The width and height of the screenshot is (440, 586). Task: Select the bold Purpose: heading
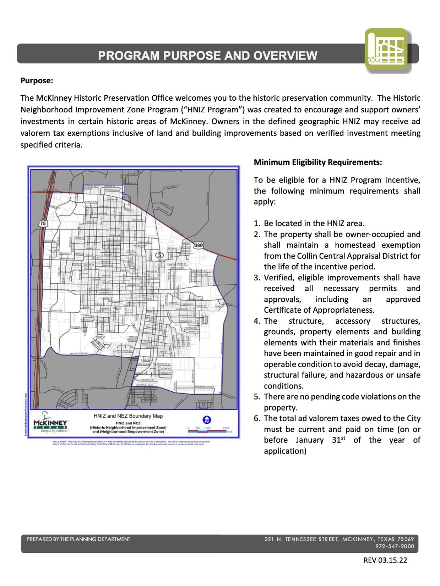click(x=37, y=80)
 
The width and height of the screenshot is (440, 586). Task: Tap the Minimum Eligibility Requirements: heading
click(x=317, y=162)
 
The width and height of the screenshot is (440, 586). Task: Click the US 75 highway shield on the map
click(x=43, y=223)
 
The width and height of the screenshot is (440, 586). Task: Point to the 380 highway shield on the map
click(x=198, y=245)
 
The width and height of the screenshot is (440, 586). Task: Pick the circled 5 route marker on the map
click(x=159, y=255)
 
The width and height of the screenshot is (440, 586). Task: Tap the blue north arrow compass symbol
click(x=207, y=420)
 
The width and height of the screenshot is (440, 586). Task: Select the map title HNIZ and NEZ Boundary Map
click(x=128, y=416)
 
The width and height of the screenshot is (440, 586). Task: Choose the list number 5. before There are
click(x=257, y=397)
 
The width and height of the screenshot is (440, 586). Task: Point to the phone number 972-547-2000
click(x=395, y=546)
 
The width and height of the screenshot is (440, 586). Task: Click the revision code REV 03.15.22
click(x=385, y=560)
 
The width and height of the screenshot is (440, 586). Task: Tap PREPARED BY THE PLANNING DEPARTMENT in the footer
click(x=78, y=539)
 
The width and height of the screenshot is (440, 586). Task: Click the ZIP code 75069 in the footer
click(x=406, y=539)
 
